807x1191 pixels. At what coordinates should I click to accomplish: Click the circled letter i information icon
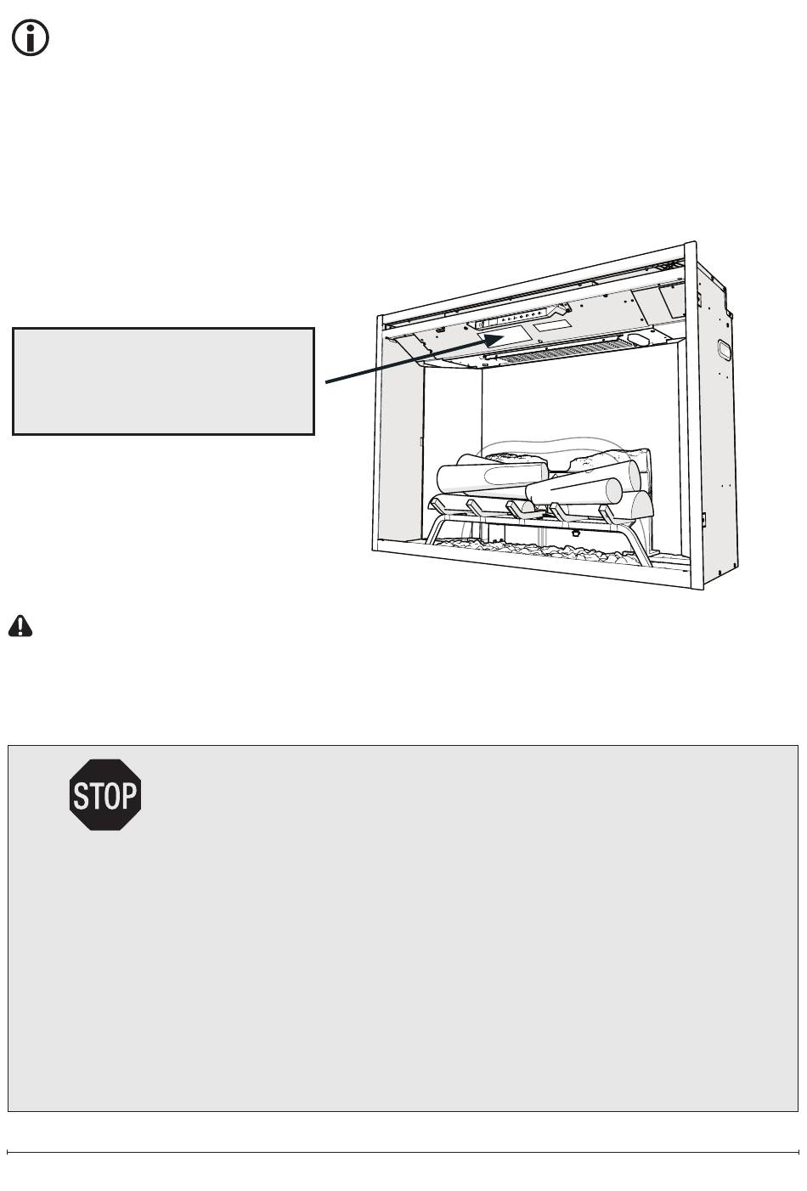click(x=30, y=39)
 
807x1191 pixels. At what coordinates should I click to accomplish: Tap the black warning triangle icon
click(x=20, y=626)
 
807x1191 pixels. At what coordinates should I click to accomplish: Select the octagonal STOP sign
click(x=105, y=795)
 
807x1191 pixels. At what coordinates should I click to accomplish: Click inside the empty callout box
click(x=163, y=381)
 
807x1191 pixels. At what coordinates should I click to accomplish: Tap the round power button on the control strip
click(x=482, y=324)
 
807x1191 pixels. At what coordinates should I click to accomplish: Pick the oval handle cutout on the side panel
click(x=724, y=350)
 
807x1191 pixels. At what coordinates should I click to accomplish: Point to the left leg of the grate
click(x=434, y=531)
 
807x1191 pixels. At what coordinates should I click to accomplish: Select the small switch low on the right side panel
click(x=704, y=517)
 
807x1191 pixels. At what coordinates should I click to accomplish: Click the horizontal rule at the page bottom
click(x=403, y=1153)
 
